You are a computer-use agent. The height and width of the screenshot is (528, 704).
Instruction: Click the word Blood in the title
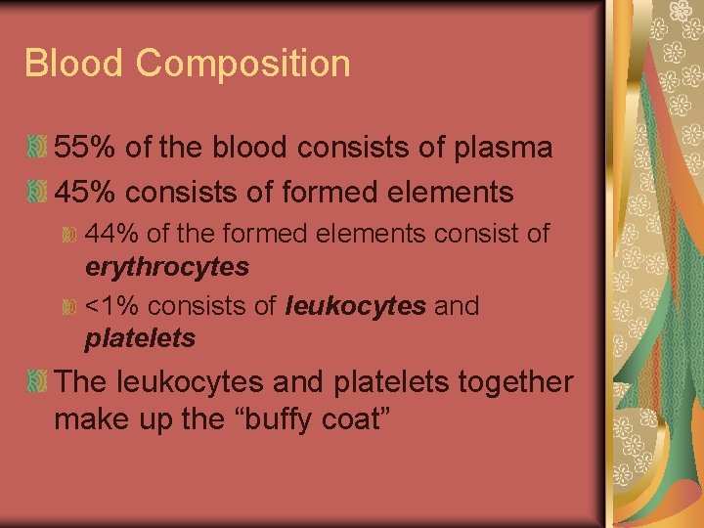73,64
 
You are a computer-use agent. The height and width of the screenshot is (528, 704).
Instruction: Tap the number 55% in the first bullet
85,148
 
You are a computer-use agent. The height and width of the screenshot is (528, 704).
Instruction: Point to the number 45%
85,192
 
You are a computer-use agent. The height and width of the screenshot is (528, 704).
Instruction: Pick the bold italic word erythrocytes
167,267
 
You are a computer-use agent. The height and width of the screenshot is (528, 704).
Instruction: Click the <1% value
111,306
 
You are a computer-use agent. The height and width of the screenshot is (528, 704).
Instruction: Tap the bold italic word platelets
141,338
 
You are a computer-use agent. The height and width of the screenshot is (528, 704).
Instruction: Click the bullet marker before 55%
36,149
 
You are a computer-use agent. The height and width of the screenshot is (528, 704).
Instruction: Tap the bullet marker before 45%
36,193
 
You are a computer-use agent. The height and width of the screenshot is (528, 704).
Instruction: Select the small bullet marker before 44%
69,236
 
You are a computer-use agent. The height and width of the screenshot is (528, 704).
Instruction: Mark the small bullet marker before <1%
69,307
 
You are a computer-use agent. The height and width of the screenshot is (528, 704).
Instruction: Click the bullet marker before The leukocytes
36,382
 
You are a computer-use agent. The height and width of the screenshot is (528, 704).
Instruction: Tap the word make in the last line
91,419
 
